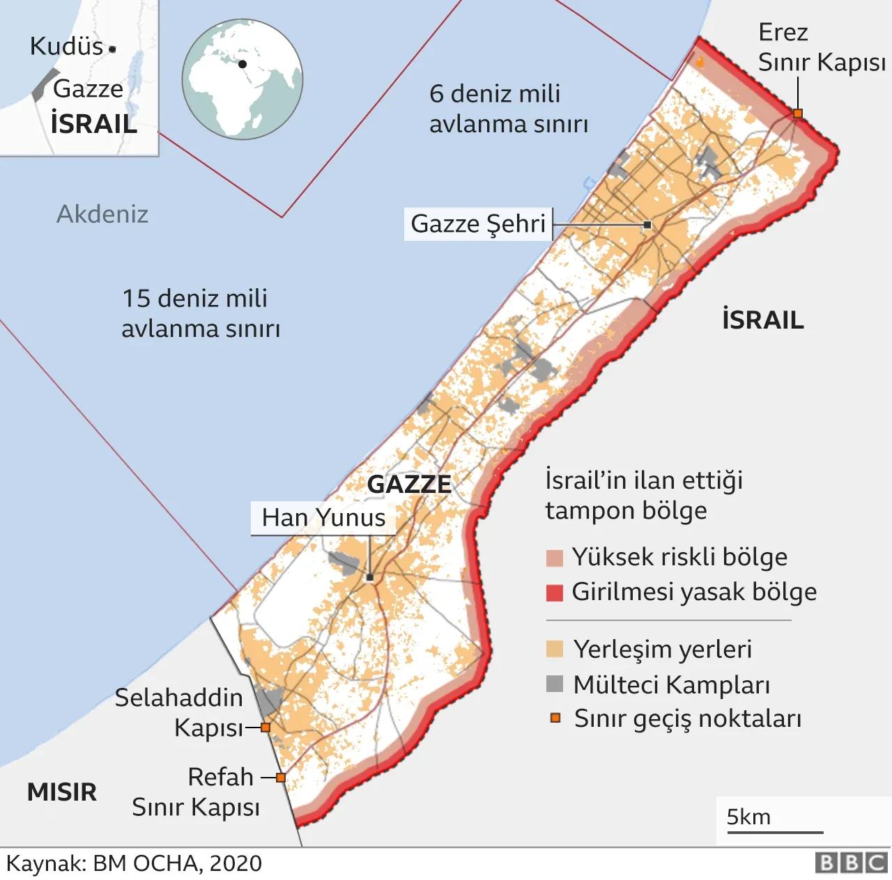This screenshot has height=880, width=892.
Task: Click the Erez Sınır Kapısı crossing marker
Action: tap(798, 113)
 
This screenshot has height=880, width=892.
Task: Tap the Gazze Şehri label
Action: tap(478, 224)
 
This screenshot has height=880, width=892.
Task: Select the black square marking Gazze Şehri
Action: tap(647, 225)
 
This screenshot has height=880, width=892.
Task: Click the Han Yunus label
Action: tap(323, 518)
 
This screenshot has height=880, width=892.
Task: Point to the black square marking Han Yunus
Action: tap(370, 577)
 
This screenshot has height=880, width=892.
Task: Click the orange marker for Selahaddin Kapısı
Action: tap(266, 728)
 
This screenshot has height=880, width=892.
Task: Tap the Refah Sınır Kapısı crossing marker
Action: tap(280, 778)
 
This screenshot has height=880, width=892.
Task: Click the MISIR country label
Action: tap(62, 792)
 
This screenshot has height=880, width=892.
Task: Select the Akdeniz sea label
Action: tap(102, 214)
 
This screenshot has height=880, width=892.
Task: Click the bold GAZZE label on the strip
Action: tap(409, 484)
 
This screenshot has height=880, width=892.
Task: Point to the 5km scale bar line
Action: tap(774, 832)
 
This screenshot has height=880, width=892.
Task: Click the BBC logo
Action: tap(852, 863)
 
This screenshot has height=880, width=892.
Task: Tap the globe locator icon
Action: tap(243, 79)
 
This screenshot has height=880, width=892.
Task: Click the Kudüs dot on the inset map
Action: tap(112, 49)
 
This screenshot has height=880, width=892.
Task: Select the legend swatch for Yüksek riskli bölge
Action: tap(555, 558)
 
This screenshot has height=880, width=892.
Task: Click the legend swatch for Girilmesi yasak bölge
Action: tap(555, 592)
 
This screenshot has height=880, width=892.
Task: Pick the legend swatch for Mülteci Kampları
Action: tap(555, 684)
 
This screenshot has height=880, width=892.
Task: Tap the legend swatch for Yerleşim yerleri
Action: tap(555, 650)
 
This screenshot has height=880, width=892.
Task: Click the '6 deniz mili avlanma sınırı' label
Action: tap(508, 109)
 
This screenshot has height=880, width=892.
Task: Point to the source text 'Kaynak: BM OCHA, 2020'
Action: tap(134, 864)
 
